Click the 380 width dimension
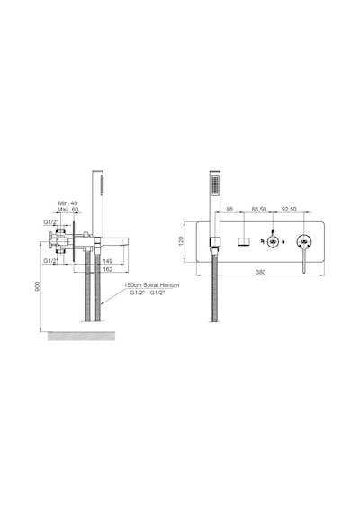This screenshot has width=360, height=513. point(260,272)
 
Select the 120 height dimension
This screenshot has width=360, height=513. point(182,241)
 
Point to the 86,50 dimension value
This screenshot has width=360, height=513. point(259,210)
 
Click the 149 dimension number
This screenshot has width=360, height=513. point(108,261)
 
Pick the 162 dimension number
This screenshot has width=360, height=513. point(108,269)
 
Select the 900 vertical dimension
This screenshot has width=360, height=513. point(38,286)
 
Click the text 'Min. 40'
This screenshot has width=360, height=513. point(67,203)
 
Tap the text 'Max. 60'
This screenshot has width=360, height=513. point(67,210)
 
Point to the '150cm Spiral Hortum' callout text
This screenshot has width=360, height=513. point(152,285)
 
